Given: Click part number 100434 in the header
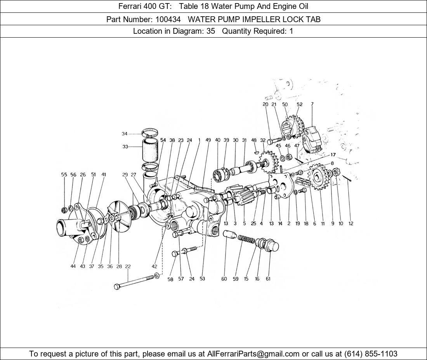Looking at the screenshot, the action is click(x=168, y=19).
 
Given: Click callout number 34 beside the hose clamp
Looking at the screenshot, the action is click(x=125, y=133).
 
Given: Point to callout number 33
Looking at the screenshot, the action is click(x=125, y=147).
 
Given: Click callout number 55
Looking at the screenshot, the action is click(x=64, y=175).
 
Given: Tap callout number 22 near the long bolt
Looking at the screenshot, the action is click(x=128, y=267).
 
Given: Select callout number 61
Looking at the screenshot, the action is click(x=268, y=279).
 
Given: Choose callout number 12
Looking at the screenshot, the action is click(x=351, y=223).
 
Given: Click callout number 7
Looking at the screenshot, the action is click(x=312, y=104).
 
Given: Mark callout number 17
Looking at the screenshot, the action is click(x=333, y=155).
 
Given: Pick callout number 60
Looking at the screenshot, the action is click(x=224, y=279).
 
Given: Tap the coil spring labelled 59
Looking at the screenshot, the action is click(x=246, y=239).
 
